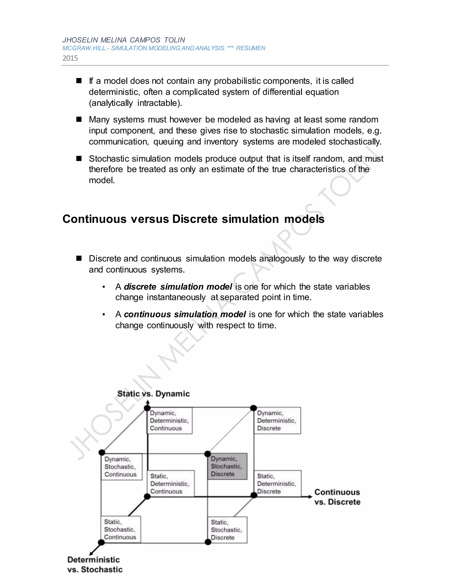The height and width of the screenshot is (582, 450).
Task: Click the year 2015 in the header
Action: [70, 58]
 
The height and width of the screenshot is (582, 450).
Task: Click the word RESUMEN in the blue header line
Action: [250, 48]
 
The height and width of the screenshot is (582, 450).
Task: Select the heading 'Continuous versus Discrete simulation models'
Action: [193, 219]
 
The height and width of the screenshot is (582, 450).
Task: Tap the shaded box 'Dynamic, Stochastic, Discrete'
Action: [227, 466]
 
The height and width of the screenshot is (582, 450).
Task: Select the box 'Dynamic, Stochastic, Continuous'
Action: [121, 467]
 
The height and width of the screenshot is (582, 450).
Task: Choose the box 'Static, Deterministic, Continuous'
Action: [171, 483]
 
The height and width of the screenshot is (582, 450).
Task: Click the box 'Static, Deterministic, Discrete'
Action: [277, 483]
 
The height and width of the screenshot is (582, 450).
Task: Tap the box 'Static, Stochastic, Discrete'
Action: [227, 530]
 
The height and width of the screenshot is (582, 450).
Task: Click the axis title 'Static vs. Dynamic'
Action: [154, 394]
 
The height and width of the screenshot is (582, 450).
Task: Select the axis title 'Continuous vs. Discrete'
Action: [337, 497]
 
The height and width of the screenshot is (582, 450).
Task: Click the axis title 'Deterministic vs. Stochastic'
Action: [95, 564]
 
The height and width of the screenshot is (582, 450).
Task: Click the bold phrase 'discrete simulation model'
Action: [178, 287]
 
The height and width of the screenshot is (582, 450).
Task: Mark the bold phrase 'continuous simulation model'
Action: [185, 314]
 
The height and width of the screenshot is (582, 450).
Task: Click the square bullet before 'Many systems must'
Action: [79, 119]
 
